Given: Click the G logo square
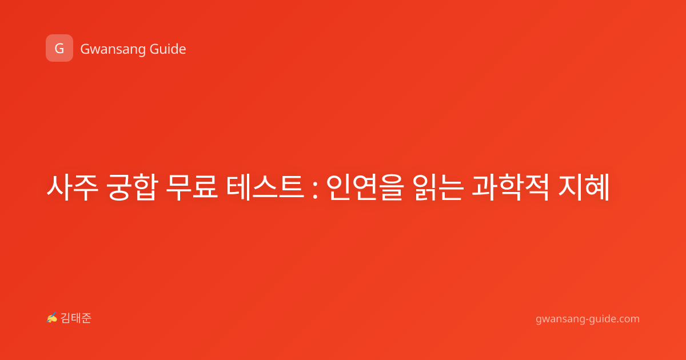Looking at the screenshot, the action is pyautogui.click(x=59, y=48).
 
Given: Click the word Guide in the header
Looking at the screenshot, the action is pyautogui.click(x=168, y=49).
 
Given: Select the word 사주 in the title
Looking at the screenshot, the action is pyautogui.click(x=73, y=187).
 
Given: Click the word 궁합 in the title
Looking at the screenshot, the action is pyautogui.click(x=132, y=187).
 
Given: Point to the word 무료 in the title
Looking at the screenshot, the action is pyautogui.click(x=192, y=187).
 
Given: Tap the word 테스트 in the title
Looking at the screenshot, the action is pyautogui.click(x=265, y=187).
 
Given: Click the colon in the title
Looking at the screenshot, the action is pyautogui.click(x=315, y=189).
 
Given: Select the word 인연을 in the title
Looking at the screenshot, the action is pyautogui.click(x=364, y=187).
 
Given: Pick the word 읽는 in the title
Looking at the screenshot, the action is pyautogui.click(x=438, y=187).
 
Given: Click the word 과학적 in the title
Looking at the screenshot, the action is pyautogui.click(x=510, y=187).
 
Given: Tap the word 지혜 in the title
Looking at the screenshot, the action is pyautogui.click(x=584, y=187).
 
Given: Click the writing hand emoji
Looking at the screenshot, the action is pyautogui.click(x=52, y=318).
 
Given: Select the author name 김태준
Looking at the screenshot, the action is pyautogui.click(x=76, y=318).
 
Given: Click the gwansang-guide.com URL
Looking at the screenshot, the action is pyautogui.click(x=588, y=319).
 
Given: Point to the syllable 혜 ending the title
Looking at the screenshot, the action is pyautogui.click(x=597, y=187).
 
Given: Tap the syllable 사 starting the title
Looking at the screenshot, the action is pyautogui.click(x=59, y=187).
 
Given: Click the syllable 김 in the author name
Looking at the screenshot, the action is pyautogui.click(x=66, y=318).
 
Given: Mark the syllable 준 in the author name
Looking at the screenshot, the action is pyautogui.click(x=86, y=318).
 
